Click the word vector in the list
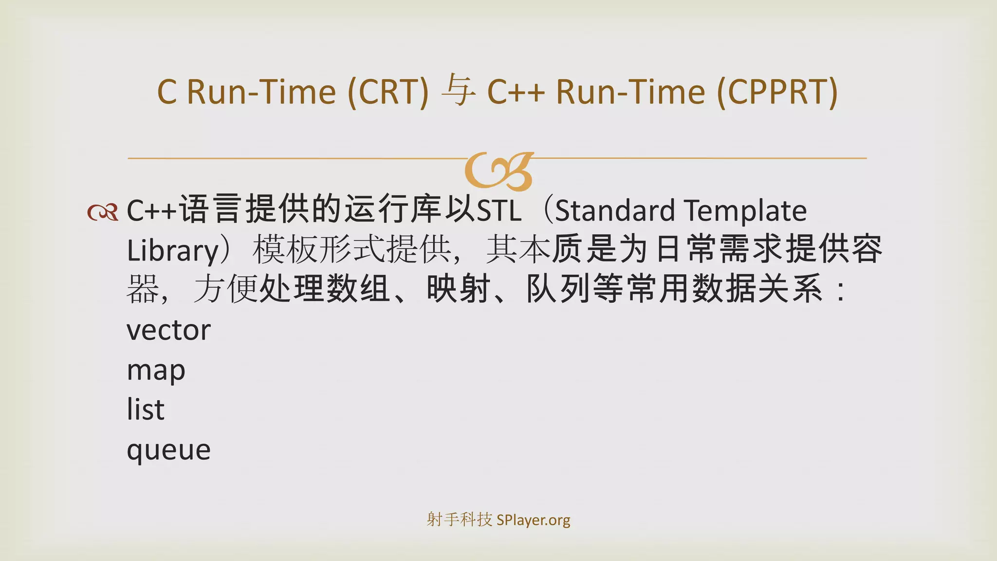click(168, 330)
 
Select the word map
click(156, 371)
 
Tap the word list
click(145, 409)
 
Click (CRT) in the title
click(388, 92)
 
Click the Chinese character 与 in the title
click(458, 91)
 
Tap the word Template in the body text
click(745, 210)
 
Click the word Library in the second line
click(173, 250)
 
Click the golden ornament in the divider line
click(499, 170)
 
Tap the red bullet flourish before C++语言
click(103, 212)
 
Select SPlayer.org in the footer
click(533, 520)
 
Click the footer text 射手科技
click(459, 520)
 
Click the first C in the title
click(166, 92)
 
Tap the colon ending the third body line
click(840, 291)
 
